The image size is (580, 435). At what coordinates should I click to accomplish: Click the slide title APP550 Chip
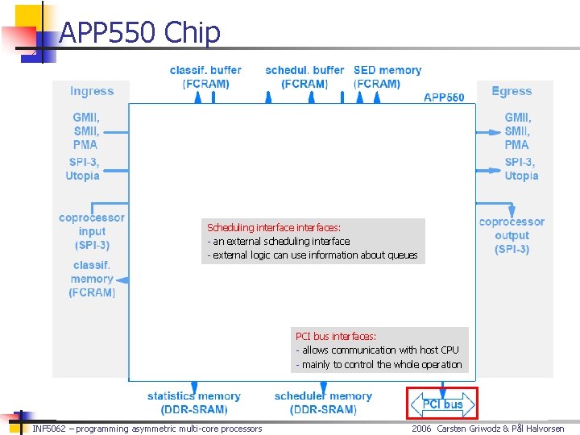point(139,32)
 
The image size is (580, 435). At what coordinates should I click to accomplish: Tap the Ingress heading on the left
point(92,92)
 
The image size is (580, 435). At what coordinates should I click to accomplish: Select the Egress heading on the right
point(512,91)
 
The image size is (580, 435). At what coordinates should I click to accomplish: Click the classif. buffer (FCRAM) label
point(205,77)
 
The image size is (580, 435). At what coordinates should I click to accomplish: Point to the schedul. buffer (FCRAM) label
point(304,77)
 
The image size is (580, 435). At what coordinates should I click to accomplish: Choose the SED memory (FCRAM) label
point(387,77)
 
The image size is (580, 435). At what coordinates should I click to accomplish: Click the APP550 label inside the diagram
point(444,97)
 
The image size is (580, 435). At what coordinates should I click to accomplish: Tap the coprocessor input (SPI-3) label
point(93,231)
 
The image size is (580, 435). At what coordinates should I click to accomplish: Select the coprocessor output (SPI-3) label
point(512,235)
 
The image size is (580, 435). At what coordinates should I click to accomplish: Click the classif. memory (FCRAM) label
point(92,279)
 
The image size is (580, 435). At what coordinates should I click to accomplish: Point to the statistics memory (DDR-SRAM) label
point(193,403)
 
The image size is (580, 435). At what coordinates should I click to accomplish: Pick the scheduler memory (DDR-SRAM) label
point(323,403)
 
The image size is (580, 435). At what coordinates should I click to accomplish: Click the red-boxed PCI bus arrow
point(442,404)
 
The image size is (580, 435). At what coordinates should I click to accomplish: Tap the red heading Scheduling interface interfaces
point(274,228)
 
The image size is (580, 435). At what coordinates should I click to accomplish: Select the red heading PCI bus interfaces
point(336,336)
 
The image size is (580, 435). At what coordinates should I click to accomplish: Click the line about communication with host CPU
point(377,350)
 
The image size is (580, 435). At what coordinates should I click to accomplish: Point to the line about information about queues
point(313,255)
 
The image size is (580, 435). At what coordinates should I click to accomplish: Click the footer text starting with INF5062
point(147,429)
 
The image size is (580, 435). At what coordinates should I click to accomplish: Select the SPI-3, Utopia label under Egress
point(521,169)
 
